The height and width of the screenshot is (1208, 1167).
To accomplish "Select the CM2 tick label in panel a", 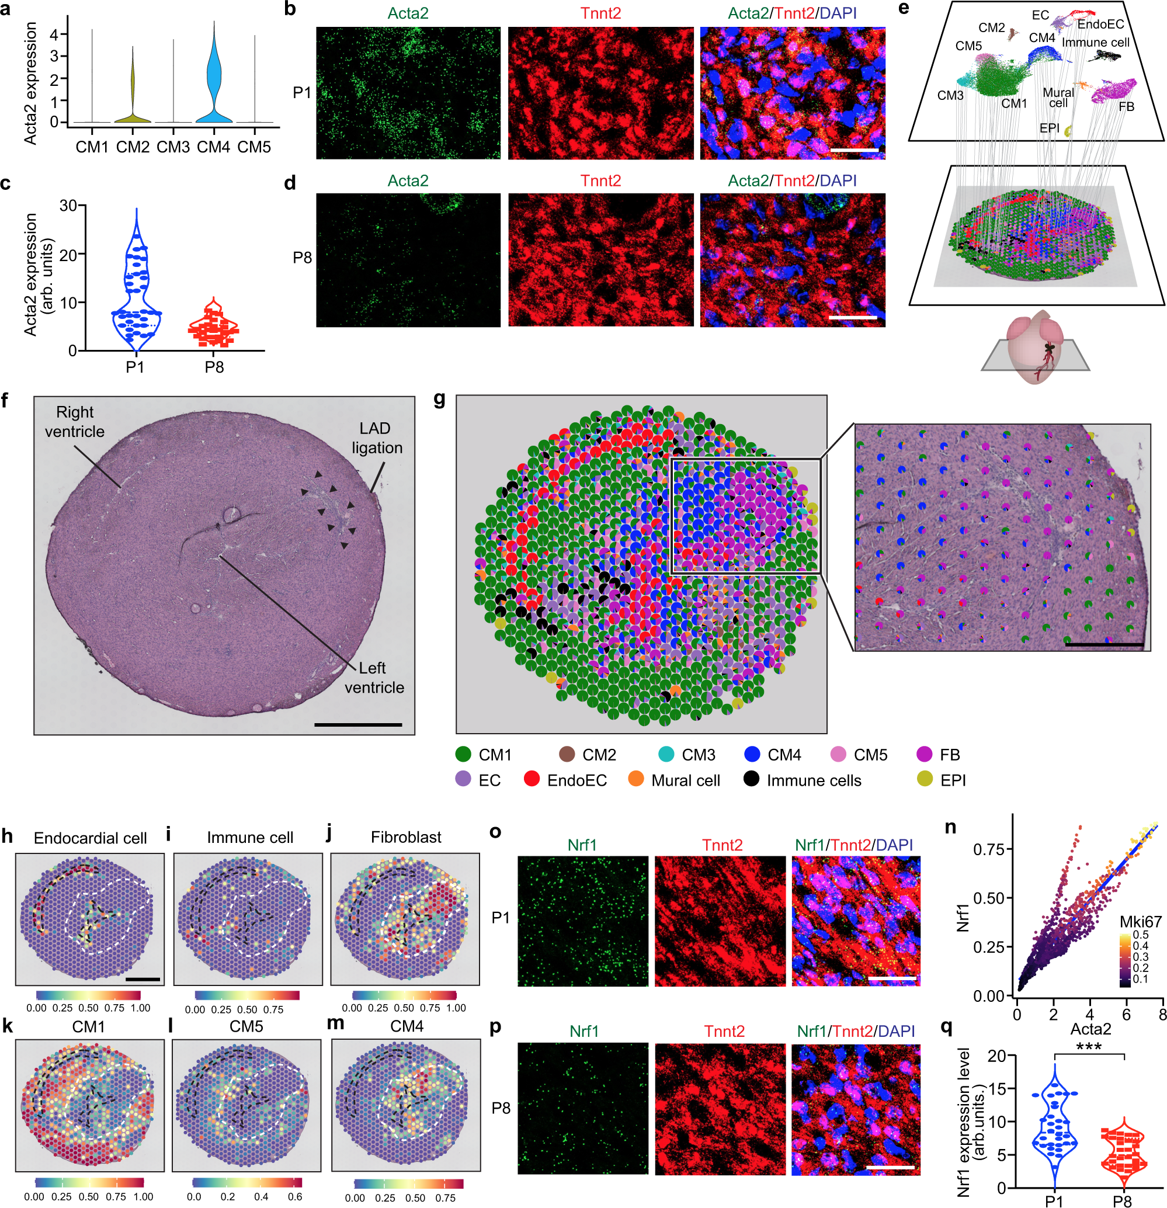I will pyautogui.click(x=133, y=147).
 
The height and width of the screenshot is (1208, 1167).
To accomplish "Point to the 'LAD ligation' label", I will pyautogui.click(x=377, y=438).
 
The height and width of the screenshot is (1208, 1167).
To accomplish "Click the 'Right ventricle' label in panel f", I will pyautogui.click(x=75, y=422).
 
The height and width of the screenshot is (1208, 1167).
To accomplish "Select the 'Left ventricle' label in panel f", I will pyautogui.click(x=374, y=678).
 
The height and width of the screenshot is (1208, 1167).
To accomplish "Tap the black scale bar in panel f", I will pyautogui.click(x=358, y=725).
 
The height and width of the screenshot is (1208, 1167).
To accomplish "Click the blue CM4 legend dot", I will pyautogui.click(x=752, y=754).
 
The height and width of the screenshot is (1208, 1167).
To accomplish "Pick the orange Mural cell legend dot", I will pyautogui.click(x=636, y=780).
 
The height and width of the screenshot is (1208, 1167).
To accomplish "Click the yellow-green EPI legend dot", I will pyautogui.click(x=924, y=780).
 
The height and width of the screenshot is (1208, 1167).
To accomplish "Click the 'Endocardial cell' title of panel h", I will pyautogui.click(x=90, y=838).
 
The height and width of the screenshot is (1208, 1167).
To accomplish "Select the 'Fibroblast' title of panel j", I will pyautogui.click(x=406, y=837).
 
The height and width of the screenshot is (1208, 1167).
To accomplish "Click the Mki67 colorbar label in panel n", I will pyautogui.click(x=1141, y=922).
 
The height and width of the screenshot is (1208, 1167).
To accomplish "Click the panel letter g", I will pyautogui.click(x=439, y=401).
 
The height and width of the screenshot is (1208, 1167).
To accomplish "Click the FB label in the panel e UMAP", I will pyautogui.click(x=1126, y=107).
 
